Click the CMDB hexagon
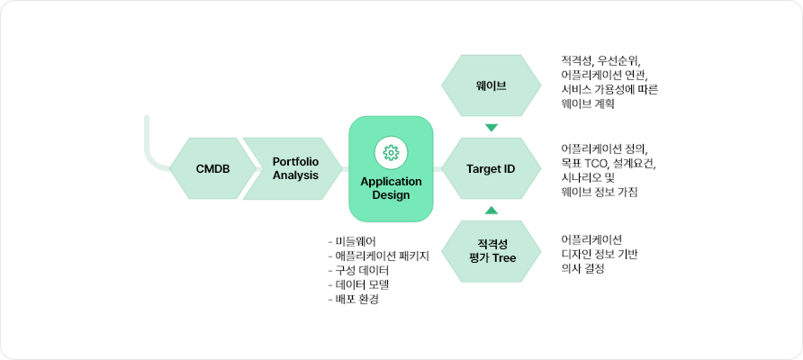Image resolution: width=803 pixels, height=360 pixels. tap(212, 168)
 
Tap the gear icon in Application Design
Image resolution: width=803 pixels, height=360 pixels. tap(391, 152)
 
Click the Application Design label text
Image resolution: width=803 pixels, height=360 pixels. tap(391, 188)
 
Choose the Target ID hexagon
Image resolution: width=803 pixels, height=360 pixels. tap(491, 168)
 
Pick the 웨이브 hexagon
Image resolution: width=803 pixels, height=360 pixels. tap(491, 87)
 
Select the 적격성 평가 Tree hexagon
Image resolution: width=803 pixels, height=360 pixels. tap(491, 250)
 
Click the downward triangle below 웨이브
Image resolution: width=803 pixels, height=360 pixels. tap(491, 128)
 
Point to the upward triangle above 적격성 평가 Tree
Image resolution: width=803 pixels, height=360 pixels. tap(491, 210)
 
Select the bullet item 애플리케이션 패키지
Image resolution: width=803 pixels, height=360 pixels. tap(379, 256)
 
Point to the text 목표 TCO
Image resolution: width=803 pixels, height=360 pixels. tap(584, 163)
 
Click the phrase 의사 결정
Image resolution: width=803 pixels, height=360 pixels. tap(582, 268)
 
